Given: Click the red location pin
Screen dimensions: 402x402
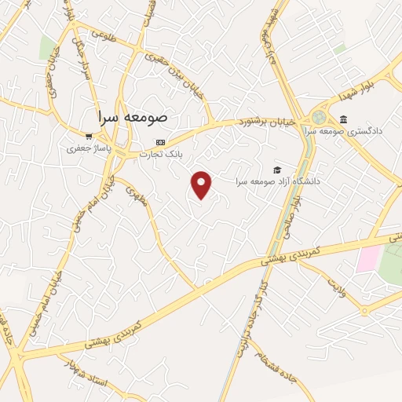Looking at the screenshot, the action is (202, 184).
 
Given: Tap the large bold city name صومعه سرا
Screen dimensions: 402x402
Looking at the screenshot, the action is (133, 115).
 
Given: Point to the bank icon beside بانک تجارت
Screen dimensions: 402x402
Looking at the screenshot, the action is (161, 142).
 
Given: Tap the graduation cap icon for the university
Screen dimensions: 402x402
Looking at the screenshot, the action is (276, 170).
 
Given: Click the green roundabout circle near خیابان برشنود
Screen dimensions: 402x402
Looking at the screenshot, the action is (318, 117).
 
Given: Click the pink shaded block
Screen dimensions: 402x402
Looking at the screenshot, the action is (368, 258).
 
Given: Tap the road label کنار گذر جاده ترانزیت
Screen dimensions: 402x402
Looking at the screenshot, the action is (250, 317).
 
